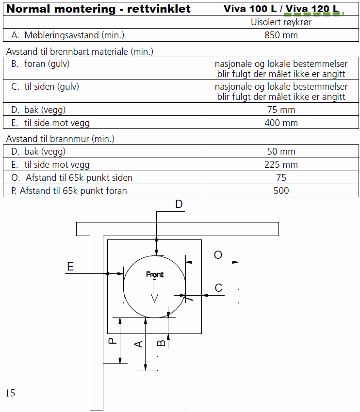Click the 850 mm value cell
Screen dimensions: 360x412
pos(281,35)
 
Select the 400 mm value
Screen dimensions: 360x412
pos(281,123)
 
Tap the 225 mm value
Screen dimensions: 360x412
pos(281,164)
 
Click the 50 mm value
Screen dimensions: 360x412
pos(281,151)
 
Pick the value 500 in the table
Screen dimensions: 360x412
pos(281,190)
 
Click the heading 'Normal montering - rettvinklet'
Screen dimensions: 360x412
pos(98,9)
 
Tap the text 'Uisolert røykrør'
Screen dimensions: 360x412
pos(281,22)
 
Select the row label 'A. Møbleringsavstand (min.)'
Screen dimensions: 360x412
pos(67,35)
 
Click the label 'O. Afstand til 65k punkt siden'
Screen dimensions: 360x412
pos(71,177)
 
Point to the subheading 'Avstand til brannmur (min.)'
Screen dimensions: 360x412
pos(60,139)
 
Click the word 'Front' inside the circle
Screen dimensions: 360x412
pos(155,274)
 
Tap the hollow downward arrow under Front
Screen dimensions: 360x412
pos(154,291)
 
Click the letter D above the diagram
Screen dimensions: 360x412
pos(179,204)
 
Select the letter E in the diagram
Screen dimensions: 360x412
pos(70,267)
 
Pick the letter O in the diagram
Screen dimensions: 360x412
pos(218,255)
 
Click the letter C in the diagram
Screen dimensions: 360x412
pos(218,288)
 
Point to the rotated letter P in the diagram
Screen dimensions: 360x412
pos(112,341)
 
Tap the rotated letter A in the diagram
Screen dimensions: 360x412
pos(138,344)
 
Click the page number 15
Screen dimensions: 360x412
pos(10,393)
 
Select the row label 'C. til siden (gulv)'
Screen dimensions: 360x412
pos(45,87)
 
